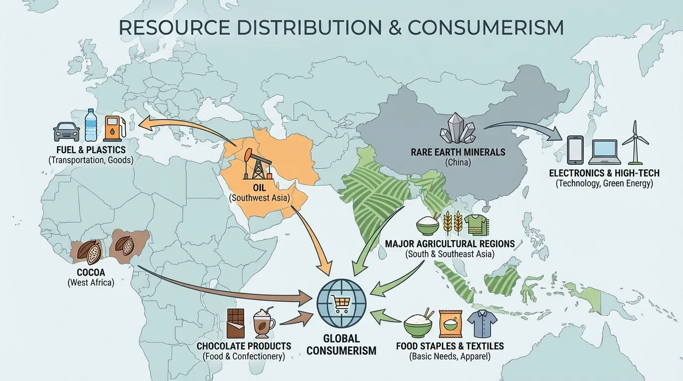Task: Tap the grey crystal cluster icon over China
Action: click(458, 129)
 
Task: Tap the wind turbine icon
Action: click(635, 142)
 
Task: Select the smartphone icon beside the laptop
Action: click(574, 149)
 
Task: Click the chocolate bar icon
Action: click(236, 323)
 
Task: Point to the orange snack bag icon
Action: click(450, 324)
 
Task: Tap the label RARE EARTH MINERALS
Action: click(458, 152)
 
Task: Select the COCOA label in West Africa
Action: click(91, 272)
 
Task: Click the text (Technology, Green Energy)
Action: click(604, 184)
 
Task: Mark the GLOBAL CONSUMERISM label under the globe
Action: click(341, 345)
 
